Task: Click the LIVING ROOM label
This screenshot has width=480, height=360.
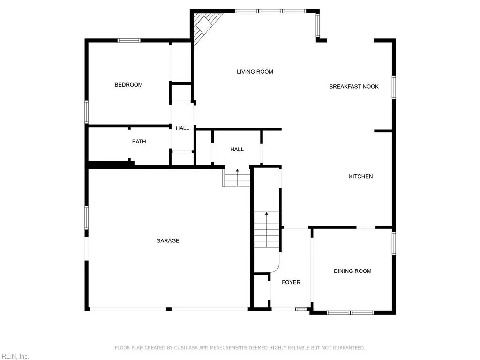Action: [x=255, y=72]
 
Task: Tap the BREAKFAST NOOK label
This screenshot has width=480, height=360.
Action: [x=353, y=87]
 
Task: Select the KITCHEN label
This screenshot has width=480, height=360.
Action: [x=360, y=177]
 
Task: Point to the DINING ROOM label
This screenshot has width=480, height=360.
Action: [x=352, y=271]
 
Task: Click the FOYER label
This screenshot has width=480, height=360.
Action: [x=291, y=282]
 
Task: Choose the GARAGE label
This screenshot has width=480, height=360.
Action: [x=168, y=241]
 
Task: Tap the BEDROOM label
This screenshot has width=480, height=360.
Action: [x=128, y=85]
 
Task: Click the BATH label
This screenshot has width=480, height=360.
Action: [x=139, y=142]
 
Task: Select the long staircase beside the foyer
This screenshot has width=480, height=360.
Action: [x=267, y=230]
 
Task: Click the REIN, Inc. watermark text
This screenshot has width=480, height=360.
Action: [x=15, y=357]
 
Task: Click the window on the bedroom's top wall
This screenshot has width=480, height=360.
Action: [x=129, y=41]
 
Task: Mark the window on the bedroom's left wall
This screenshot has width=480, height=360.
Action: [x=87, y=112]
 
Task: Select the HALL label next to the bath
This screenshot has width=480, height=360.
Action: [x=182, y=128]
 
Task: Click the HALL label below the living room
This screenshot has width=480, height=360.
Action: [x=237, y=150]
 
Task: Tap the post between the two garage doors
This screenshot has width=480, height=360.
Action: [x=169, y=309]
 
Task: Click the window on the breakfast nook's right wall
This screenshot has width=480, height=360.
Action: [x=394, y=87]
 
